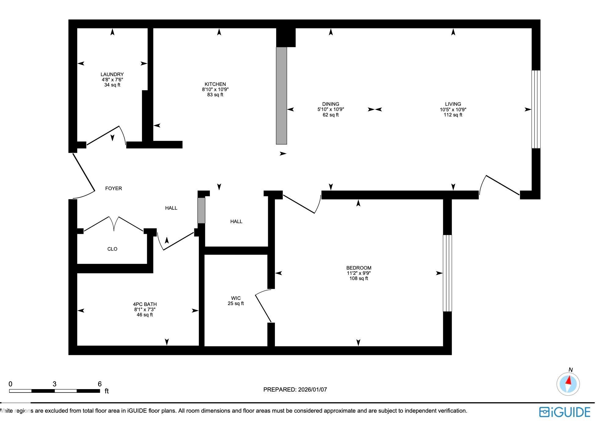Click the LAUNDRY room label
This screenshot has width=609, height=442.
(x=112, y=74)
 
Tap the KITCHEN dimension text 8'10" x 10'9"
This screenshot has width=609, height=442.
(x=215, y=90)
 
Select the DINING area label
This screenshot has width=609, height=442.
(x=330, y=104)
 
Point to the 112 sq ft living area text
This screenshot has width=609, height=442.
(x=453, y=115)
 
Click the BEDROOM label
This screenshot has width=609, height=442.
(x=359, y=268)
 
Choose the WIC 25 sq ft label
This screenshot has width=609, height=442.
(x=235, y=301)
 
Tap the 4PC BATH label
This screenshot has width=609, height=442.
(x=145, y=304)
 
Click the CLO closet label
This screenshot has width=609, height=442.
(x=112, y=249)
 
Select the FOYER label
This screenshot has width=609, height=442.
(x=113, y=188)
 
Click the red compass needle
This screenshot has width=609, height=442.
(x=569, y=381)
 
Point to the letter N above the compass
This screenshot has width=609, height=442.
(x=570, y=370)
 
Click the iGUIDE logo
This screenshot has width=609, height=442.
(x=564, y=412)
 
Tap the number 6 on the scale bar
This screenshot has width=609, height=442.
(x=100, y=384)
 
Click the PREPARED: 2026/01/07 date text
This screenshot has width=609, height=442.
(x=295, y=389)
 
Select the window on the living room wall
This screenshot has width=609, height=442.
(x=536, y=109)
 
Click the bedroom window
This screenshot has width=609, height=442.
(x=447, y=273)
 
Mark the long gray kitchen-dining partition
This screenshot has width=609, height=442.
(x=281, y=95)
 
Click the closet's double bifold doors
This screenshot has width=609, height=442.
(x=114, y=224)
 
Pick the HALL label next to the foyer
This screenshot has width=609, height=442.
(x=171, y=208)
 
